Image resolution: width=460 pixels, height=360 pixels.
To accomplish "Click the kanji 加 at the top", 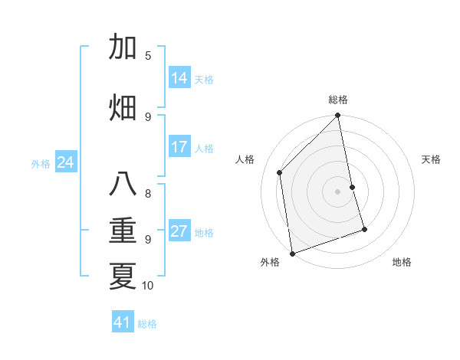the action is click(123, 47).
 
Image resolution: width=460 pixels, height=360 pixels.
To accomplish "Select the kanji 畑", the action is click(123, 106).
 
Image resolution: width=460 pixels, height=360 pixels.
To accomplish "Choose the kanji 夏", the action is click(123, 275).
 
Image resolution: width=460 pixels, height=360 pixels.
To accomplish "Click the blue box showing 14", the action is click(179, 78).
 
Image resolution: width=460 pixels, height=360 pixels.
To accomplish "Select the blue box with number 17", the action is click(179, 147).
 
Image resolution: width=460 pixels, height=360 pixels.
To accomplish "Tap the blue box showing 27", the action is click(179, 231).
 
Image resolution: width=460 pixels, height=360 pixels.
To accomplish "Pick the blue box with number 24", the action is click(66, 162).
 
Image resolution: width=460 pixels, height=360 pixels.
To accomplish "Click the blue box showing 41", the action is click(123, 322).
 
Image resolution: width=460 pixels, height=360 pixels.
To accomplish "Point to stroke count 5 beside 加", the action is click(148, 55).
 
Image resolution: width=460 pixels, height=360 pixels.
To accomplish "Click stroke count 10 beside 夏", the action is click(148, 286).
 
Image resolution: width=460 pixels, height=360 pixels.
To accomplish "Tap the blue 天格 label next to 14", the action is click(204, 79).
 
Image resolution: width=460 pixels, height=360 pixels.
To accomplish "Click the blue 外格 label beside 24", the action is click(41, 163).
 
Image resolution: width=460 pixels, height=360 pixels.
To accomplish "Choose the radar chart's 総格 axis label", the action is click(338, 100).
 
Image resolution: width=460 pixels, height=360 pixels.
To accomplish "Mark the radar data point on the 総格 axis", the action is click(337, 116).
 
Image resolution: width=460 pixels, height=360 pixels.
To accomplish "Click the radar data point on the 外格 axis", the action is click(292, 253).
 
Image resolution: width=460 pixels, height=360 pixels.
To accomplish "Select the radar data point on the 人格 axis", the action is click(280, 172).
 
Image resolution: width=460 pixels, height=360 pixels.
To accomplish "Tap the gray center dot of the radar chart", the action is click(337, 191).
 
